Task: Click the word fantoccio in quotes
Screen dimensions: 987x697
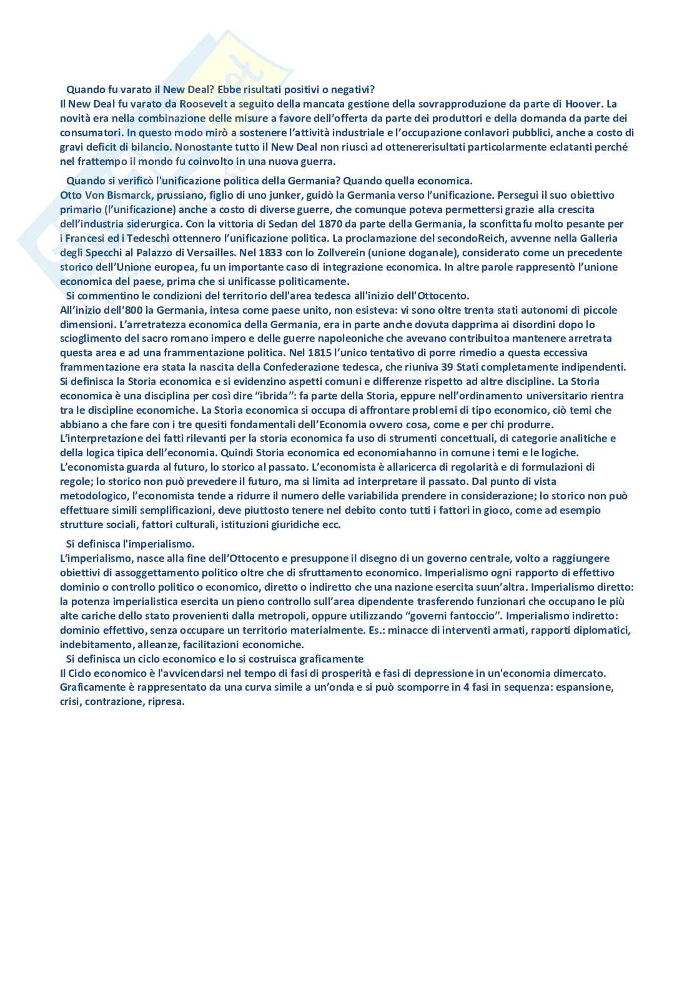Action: click(x=459, y=616)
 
